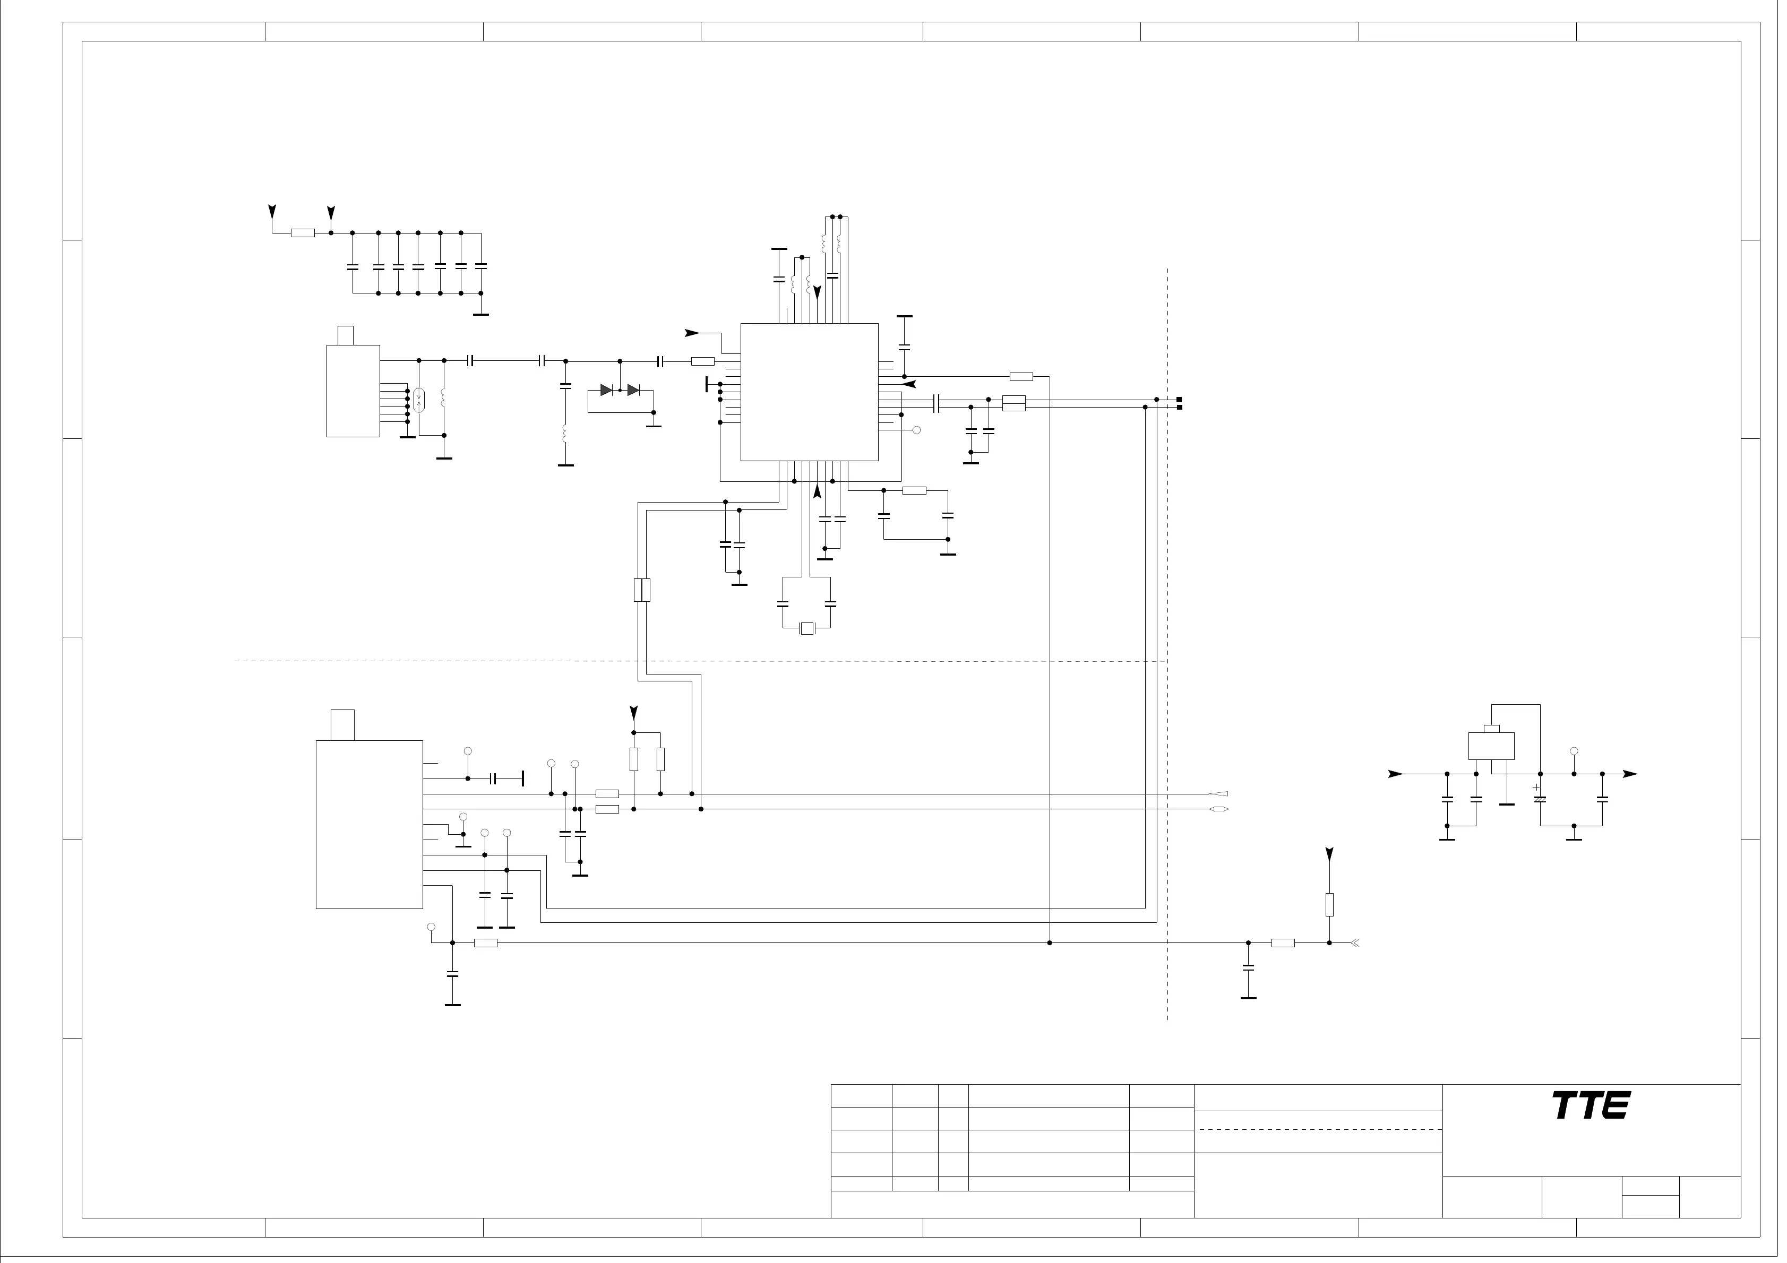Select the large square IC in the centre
(x=810, y=392)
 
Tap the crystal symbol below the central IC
(x=807, y=628)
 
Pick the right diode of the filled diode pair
(x=633, y=390)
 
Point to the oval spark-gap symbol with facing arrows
(x=419, y=400)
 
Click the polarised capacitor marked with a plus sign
(x=1540, y=799)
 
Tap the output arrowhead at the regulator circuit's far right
(x=1630, y=774)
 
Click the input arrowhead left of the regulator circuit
(x=1396, y=774)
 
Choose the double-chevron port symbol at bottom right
(x=1355, y=943)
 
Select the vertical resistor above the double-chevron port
(x=1329, y=905)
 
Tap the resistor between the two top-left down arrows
(x=303, y=232)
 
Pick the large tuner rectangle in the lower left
(x=369, y=824)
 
